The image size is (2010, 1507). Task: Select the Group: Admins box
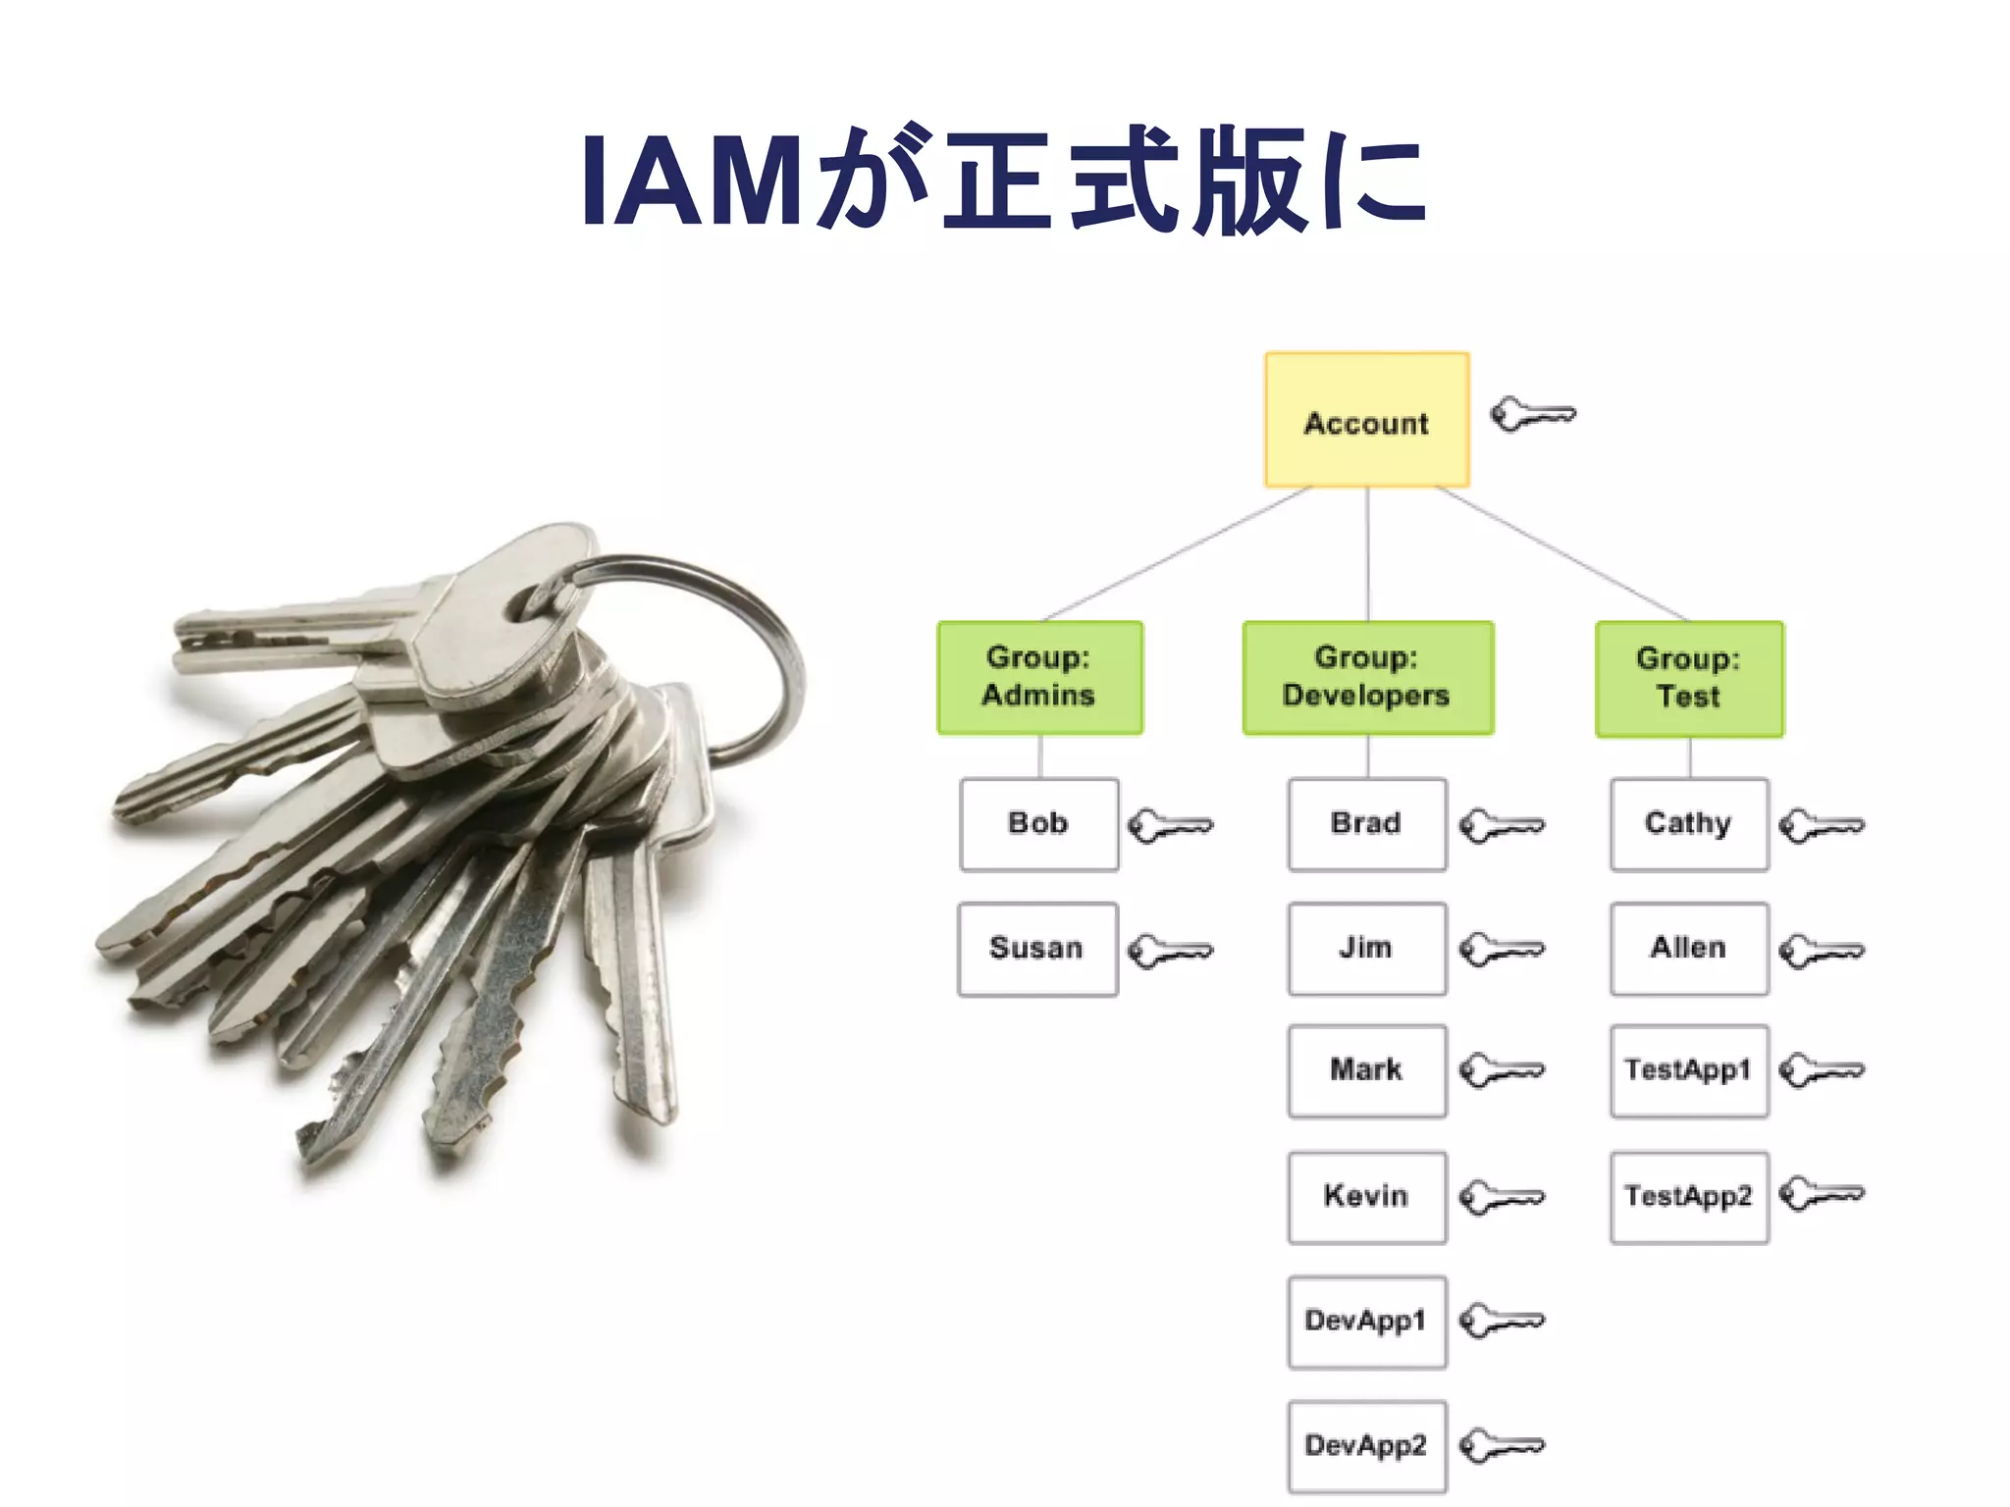pos(1039,677)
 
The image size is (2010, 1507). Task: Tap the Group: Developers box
pos(1367,677)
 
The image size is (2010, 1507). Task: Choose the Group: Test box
pos(1689,678)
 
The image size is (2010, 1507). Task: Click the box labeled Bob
pos(1038,824)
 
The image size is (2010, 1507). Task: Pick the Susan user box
pos(1037,949)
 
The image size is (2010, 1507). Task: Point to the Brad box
pos(1366,824)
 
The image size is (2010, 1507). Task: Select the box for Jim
pos(1366,949)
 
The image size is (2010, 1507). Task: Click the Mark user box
pos(1366,1070)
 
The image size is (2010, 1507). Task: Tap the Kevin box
pos(1366,1197)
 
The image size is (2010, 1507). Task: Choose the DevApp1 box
pos(1366,1322)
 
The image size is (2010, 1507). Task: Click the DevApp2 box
pos(1366,1446)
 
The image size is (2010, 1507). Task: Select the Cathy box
pos(1689,824)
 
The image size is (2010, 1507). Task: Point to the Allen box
pos(1689,949)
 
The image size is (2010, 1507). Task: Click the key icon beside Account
pos(1532,415)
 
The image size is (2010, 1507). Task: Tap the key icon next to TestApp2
pos(1821,1194)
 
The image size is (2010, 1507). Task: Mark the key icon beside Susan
pos(1170,951)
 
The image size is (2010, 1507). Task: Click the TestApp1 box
pos(1689,1070)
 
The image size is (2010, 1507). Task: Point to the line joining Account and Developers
pos(1367,554)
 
